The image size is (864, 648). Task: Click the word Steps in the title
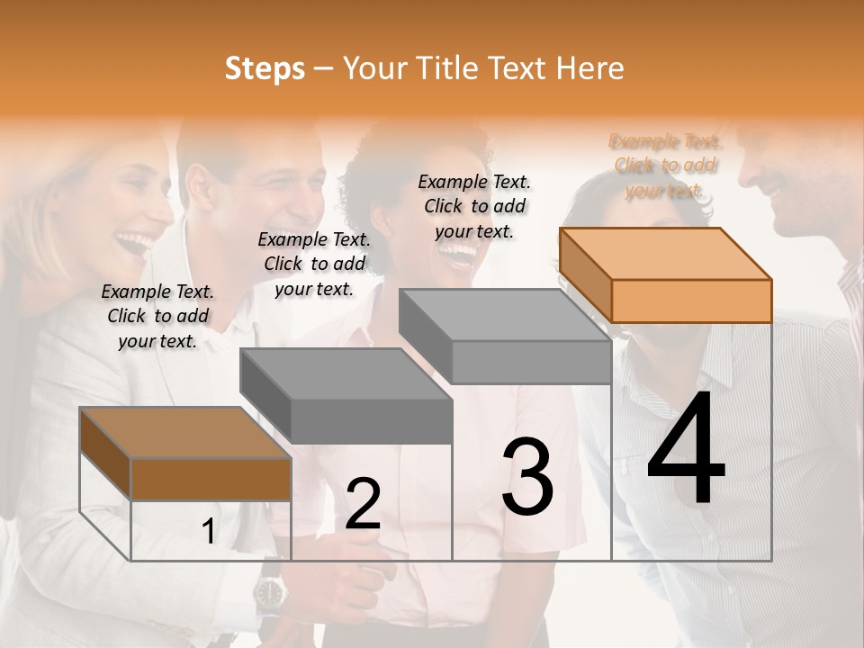[265, 68]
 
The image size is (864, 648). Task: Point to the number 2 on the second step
[363, 504]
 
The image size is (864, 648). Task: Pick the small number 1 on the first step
[209, 532]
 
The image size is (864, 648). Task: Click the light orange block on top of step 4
[666, 274]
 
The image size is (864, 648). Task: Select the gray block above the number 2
[346, 396]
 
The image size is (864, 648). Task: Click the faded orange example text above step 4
[665, 166]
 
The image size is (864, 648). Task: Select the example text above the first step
[157, 316]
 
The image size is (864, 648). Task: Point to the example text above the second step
[314, 264]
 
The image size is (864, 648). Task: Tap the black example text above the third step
[474, 206]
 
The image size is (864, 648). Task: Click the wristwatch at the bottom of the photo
[268, 591]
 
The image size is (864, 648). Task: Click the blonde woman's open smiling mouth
[136, 243]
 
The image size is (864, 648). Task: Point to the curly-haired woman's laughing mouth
[458, 254]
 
